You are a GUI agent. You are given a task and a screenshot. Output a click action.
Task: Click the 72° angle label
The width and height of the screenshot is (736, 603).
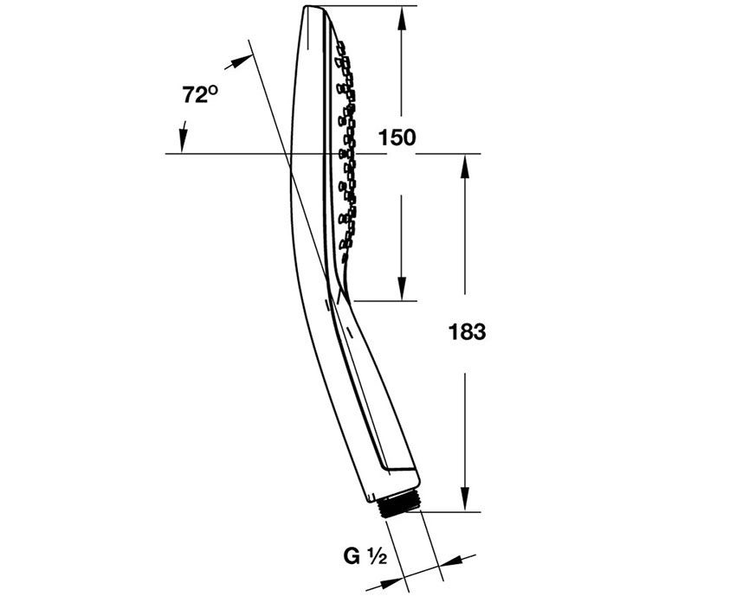(200, 94)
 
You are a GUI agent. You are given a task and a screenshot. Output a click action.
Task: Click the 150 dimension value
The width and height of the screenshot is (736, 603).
(397, 138)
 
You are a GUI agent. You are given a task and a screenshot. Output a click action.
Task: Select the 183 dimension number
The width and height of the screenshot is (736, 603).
(467, 332)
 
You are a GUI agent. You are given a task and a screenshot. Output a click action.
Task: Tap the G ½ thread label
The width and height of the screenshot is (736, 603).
(365, 556)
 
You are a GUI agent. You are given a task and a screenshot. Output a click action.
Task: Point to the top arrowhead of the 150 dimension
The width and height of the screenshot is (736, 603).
(401, 19)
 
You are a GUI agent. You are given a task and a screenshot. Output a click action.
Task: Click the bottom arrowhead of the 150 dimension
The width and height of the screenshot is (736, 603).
(401, 288)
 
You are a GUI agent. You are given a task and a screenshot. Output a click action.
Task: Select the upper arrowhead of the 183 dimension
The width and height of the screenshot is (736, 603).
(465, 166)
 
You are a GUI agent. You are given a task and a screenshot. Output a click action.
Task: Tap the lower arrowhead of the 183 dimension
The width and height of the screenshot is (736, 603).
(465, 499)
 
